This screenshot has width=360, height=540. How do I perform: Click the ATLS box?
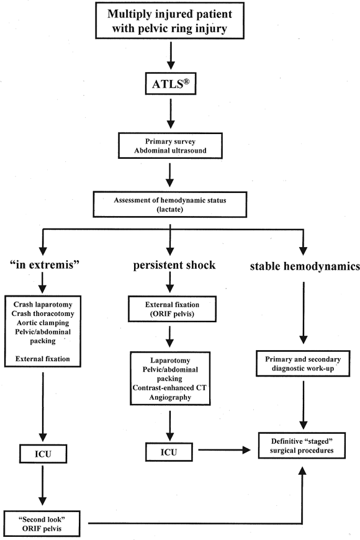click(171, 83)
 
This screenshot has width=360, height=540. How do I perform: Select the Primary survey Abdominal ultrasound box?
click(170, 146)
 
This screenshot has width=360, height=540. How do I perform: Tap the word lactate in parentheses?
click(170, 209)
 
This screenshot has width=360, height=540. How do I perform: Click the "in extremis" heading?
click(45, 264)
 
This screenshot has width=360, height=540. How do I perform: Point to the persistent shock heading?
click(174, 265)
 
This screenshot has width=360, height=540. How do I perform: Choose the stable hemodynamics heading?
click(305, 266)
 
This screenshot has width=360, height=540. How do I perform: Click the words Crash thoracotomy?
click(43, 313)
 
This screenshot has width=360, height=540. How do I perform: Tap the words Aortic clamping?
click(43, 323)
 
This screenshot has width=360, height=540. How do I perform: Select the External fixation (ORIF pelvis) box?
click(173, 309)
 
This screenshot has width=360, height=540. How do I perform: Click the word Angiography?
click(170, 397)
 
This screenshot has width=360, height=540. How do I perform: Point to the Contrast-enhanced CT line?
click(169, 388)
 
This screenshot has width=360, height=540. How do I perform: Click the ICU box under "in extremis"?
click(43, 454)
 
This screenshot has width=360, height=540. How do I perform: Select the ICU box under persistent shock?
click(169, 452)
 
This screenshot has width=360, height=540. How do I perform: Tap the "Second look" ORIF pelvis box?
click(42, 524)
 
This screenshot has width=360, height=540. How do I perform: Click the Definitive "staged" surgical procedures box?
click(302, 446)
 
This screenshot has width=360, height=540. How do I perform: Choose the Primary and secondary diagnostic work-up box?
click(303, 363)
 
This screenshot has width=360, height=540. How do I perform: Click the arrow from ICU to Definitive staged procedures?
click(224, 450)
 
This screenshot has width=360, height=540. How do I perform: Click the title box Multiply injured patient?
click(169, 20)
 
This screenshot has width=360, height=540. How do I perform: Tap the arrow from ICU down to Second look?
click(42, 485)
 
